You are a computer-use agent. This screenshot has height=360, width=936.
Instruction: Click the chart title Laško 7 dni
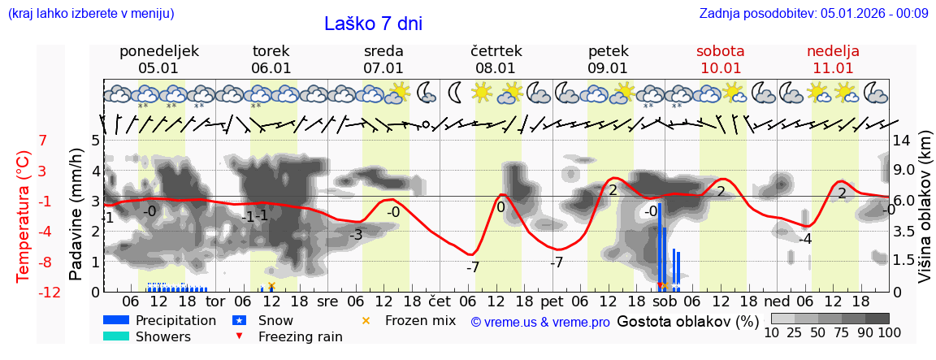coord(373,24)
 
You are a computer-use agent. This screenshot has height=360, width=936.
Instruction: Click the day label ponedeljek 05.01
coord(159,59)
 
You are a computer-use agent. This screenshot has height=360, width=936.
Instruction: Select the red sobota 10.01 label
coord(720,59)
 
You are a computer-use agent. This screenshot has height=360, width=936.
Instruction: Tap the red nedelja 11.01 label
coord(833,59)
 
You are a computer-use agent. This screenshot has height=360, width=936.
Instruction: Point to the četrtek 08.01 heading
coord(496,59)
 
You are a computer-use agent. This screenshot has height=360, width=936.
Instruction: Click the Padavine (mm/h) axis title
coord(76,215)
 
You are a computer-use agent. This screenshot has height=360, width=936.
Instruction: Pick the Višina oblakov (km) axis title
coord(924,215)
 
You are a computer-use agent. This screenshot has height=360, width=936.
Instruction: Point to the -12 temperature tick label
coord(50,293)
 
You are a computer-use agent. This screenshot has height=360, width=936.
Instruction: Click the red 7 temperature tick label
coord(43,141)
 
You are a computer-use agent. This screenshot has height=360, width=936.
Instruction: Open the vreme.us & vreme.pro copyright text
coord(540,322)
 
